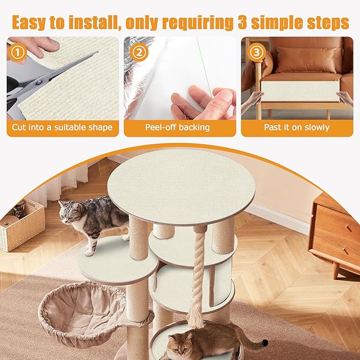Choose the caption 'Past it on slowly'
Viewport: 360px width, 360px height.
click(297, 128)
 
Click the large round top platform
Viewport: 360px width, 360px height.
click(181, 186)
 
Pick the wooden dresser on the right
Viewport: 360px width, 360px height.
click(336, 233)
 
